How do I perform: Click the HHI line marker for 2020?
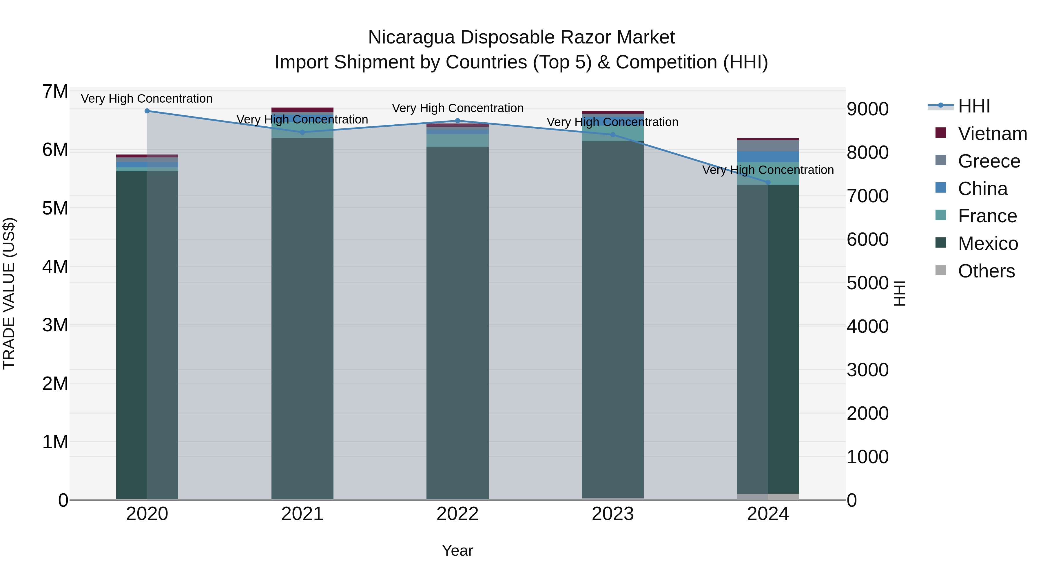coord(147,111)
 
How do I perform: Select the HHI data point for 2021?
coord(302,132)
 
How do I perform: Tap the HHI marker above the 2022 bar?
coord(457,121)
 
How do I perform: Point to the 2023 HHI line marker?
coord(612,135)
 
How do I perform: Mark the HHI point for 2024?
coord(768,182)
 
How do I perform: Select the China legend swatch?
coord(940,188)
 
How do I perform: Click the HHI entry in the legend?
coord(974,106)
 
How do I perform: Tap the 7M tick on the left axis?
coord(55,92)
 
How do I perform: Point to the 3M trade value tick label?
coord(55,325)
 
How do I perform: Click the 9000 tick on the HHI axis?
coord(867,109)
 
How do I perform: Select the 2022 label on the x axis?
coord(457,514)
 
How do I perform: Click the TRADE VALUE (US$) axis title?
coord(9,293)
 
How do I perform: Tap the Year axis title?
coord(457,550)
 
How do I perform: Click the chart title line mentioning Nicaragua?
coord(521,37)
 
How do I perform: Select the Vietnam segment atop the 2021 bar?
coord(302,110)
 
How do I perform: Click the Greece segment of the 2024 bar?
coord(768,146)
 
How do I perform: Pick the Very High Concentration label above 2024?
coord(768,170)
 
